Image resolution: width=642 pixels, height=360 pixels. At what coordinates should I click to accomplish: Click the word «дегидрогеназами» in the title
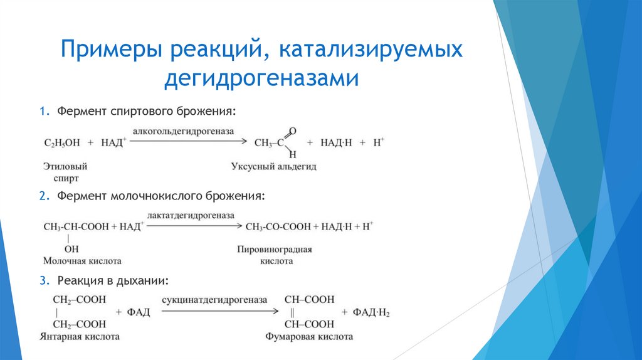[x=261, y=78]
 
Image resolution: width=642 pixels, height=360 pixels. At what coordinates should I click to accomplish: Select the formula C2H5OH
[x=62, y=143]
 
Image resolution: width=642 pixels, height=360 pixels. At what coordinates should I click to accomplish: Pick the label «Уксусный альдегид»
[x=274, y=167]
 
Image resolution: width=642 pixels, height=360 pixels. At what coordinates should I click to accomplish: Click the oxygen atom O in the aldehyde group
[x=293, y=130]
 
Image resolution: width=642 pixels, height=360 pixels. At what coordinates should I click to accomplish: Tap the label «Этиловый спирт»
[x=65, y=172]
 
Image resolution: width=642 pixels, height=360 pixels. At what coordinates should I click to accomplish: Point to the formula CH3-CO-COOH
[x=278, y=226]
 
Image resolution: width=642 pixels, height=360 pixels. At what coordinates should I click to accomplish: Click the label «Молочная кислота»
[x=82, y=260]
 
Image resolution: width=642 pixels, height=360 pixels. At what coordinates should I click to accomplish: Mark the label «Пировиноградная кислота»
[x=274, y=255]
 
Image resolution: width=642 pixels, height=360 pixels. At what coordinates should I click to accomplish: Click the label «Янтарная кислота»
[x=82, y=337]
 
